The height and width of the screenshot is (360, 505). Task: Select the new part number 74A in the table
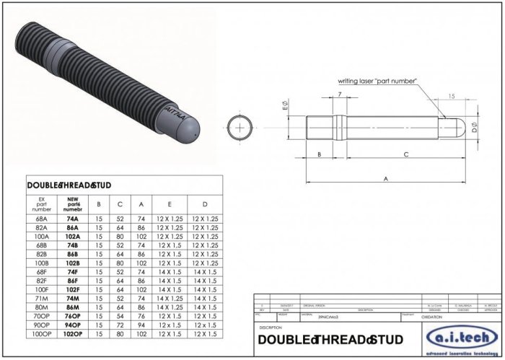[x=72, y=217]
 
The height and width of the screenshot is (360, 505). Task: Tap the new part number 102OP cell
[x=72, y=334]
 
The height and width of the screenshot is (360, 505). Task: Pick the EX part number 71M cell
[x=41, y=298]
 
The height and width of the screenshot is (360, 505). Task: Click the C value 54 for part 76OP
[x=120, y=316]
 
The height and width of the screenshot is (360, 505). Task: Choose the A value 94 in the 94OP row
[x=141, y=325]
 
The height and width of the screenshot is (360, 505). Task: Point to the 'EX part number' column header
[x=41, y=203]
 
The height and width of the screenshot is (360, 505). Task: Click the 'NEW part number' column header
[x=72, y=203]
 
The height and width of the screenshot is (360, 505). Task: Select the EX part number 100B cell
[x=41, y=262]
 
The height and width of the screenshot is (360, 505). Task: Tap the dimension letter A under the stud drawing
[x=385, y=178]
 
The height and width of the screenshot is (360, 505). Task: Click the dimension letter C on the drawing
[x=406, y=154]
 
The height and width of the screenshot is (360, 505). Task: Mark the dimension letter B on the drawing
[x=319, y=154]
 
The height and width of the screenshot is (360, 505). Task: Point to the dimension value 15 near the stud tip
[x=450, y=96]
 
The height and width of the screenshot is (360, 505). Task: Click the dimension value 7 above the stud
[x=339, y=95]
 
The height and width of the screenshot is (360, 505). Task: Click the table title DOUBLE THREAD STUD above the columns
[x=69, y=185]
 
